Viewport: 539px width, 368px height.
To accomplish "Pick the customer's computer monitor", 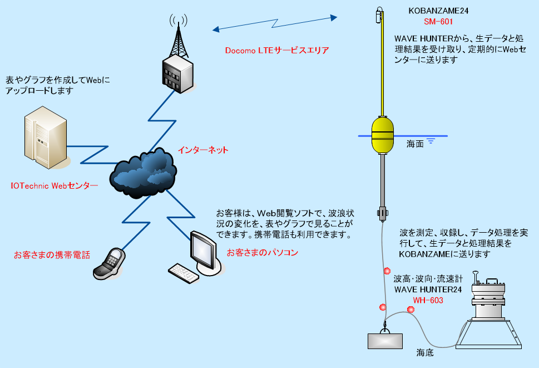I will [203, 249].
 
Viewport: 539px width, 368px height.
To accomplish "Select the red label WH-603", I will [428, 301].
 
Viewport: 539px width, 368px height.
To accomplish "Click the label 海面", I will [414, 144].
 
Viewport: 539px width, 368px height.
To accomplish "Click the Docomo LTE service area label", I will [277, 50].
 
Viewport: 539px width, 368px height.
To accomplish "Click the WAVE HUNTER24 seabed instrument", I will [490, 317].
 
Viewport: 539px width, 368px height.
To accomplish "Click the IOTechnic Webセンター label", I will [55, 185].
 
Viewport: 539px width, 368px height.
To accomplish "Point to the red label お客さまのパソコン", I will [263, 252].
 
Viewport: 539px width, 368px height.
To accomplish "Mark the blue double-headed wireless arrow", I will [275, 23].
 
